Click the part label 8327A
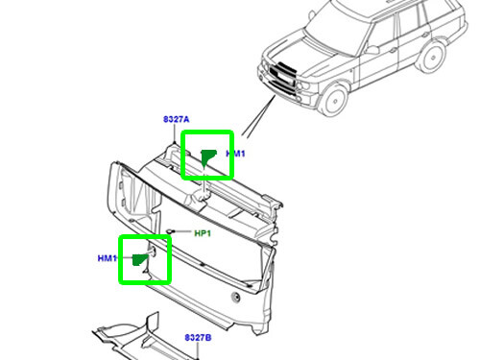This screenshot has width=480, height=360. [x=175, y=119]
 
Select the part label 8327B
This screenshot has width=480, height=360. [x=197, y=338]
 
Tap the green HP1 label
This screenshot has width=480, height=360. [x=203, y=233]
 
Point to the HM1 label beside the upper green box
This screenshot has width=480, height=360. [x=237, y=154]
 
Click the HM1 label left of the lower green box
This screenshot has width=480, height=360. [x=107, y=258]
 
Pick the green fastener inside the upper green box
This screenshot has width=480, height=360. [x=206, y=156]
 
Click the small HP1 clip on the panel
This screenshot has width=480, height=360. [x=170, y=231]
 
